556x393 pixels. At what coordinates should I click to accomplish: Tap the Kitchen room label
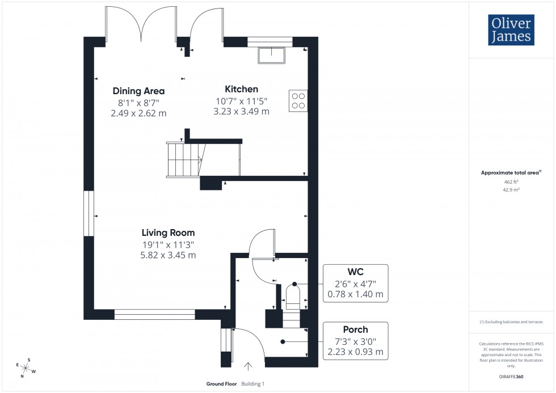241,89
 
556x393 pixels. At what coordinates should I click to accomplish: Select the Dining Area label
138,91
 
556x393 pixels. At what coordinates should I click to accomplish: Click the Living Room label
168,233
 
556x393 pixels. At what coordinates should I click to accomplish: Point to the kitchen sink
272,55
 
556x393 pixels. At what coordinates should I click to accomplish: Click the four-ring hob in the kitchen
298,100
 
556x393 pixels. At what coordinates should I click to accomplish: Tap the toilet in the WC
293,297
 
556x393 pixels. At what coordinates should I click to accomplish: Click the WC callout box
355,282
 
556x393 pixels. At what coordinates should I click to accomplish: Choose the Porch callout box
355,340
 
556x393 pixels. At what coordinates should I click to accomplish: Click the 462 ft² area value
511,182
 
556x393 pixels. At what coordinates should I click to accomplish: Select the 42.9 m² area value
511,190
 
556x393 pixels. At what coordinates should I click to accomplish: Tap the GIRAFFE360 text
511,376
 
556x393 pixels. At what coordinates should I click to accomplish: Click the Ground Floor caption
222,384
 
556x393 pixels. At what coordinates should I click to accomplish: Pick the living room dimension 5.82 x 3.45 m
168,255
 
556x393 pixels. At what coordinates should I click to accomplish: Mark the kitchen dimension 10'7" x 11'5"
241,101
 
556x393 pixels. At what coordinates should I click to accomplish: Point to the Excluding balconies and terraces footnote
511,322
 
